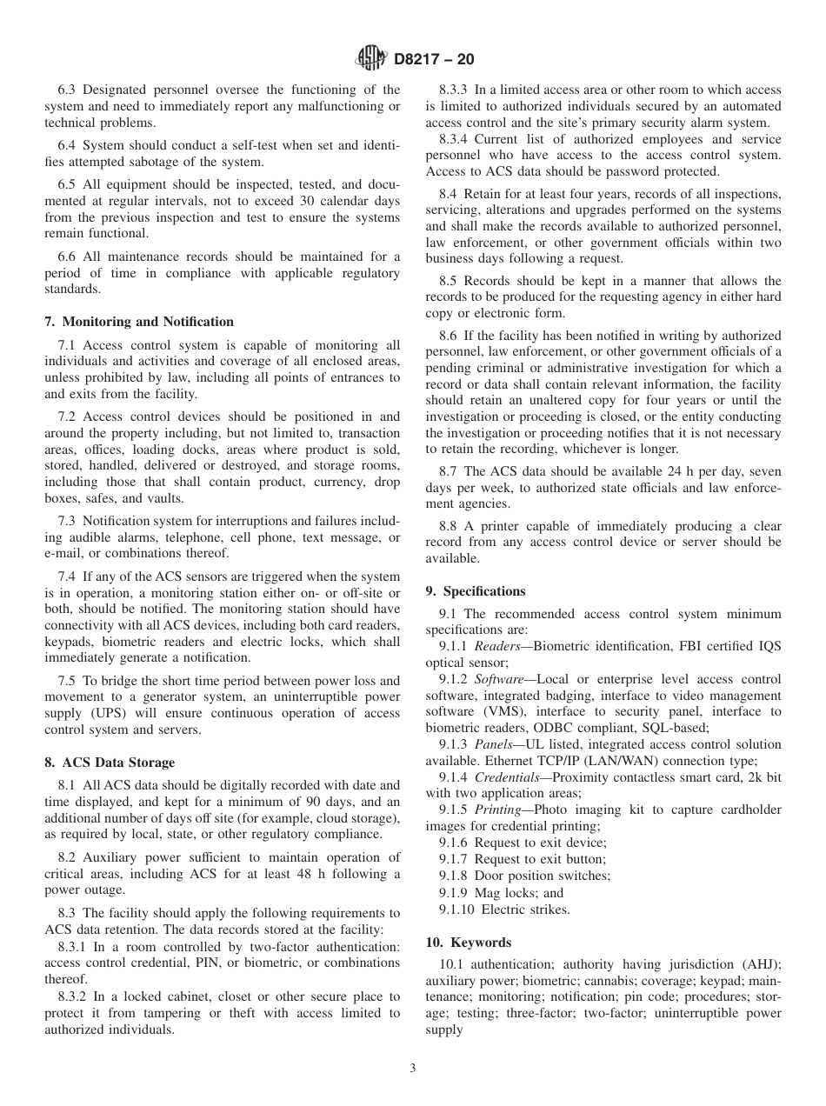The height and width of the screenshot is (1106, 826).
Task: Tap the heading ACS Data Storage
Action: point(110,763)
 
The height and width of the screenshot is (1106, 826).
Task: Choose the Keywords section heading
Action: point(469,943)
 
